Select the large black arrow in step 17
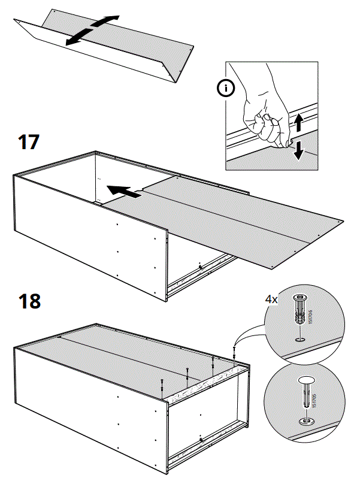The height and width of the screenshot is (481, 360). (x=125, y=192)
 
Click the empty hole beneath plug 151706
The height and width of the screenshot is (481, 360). (x=298, y=340)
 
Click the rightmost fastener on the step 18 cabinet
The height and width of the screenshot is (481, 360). (x=234, y=354)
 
